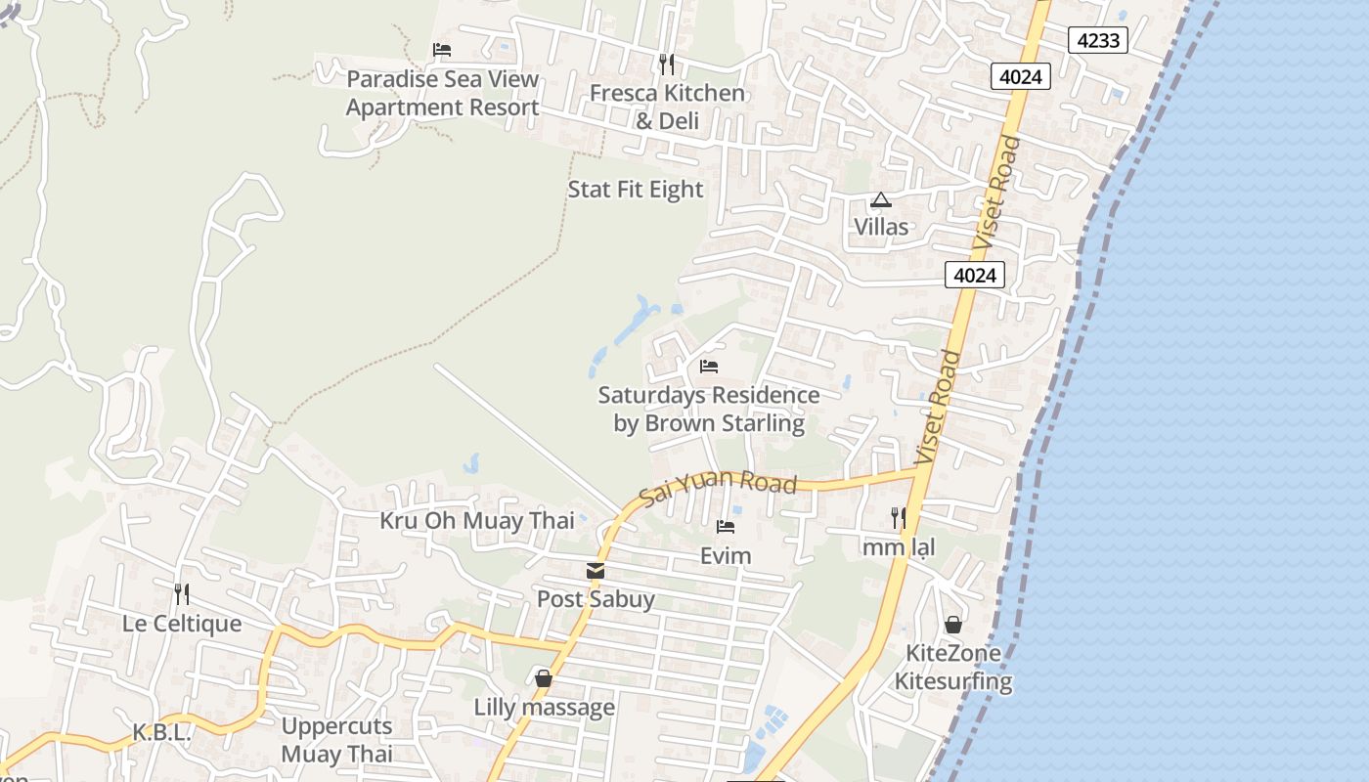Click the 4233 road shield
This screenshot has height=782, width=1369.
coord(1098,40)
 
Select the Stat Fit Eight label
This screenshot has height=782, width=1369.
coord(636,189)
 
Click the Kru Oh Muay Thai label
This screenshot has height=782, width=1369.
coord(477,520)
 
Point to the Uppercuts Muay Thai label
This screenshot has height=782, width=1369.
coord(336,740)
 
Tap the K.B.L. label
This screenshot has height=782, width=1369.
coord(161,732)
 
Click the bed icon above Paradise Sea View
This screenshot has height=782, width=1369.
coord(442,50)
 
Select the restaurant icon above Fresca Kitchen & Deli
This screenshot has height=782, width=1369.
coord(666,65)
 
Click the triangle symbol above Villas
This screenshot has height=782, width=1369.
coord(881,200)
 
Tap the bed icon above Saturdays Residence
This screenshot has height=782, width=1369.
coord(709,367)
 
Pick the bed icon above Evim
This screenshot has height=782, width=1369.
coord(726,527)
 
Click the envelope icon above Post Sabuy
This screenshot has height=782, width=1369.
coord(596,571)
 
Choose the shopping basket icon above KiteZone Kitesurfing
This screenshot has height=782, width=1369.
coord(953,625)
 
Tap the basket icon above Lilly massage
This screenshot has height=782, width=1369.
coord(544,678)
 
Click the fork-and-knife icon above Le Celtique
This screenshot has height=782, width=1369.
coord(181,593)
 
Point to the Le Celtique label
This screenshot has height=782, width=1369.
coord(182,623)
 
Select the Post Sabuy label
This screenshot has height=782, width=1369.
coord(596,598)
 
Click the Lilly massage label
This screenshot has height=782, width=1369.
coord(545,707)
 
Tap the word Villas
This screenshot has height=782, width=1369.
coord(881,227)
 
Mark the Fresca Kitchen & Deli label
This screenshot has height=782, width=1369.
coord(667,107)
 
